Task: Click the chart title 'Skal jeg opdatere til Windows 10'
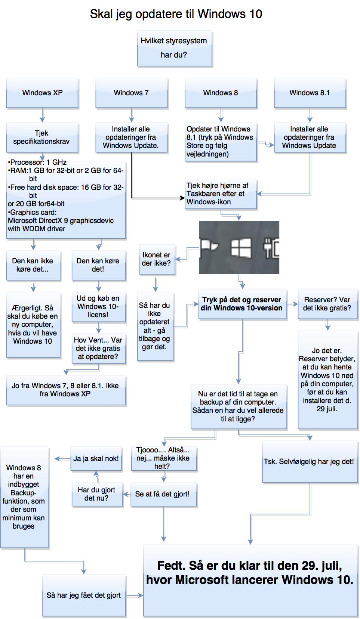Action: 176,14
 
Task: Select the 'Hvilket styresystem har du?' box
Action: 175,48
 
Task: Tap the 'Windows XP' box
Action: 42,93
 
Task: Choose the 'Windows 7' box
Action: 131,93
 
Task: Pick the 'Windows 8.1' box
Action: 310,93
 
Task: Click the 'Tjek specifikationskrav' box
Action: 42,137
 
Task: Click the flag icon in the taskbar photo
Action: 210,247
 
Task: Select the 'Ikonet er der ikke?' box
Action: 156,259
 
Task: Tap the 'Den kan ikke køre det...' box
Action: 33,265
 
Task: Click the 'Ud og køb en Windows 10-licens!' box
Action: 98,306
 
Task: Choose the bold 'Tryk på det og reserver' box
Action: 242,304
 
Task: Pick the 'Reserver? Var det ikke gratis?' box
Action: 327,304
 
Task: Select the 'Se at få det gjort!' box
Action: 163,494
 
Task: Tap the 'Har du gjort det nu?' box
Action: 97,494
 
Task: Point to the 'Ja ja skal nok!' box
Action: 96,459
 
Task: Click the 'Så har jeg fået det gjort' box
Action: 84,595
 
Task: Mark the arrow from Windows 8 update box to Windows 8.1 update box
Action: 265,144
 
